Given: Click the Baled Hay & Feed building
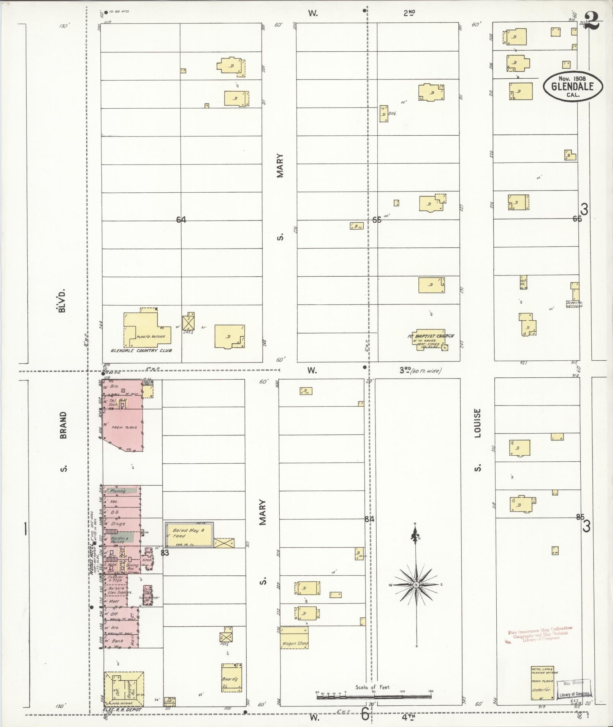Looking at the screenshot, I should click(x=188, y=535).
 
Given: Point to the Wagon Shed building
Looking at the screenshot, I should click(x=295, y=637).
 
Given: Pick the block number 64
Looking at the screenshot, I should click(x=181, y=220).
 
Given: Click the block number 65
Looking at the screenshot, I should click(x=377, y=220).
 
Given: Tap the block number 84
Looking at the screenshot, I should click(x=369, y=519).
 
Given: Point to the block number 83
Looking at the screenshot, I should click(x=165, y=553).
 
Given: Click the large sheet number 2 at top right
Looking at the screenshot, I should click(x=591, y=21).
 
